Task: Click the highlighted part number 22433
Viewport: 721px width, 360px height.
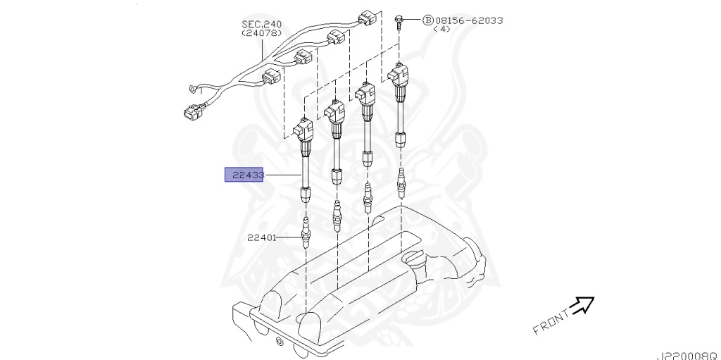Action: [x=244, y=175]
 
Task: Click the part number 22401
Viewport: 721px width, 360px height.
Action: [x=261, y=237]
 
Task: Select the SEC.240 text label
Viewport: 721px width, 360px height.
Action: [x=262, y=24]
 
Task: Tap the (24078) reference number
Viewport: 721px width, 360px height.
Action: [x=262, y=33]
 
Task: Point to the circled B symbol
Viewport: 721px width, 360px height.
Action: [x=427, y=20]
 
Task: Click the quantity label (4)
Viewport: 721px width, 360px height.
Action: [x=442, y=30]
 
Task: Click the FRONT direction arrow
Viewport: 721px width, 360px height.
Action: [x=582, y=304]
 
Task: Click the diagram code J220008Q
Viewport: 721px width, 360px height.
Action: [x=687, y=354]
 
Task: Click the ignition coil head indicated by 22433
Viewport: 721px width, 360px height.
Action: [x=304, y=130]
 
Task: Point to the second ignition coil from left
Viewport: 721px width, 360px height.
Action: [x=334, y=113]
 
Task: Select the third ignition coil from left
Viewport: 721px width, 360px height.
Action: [x=365, y=95]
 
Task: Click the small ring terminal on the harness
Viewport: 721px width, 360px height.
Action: [x=192, y=89]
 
